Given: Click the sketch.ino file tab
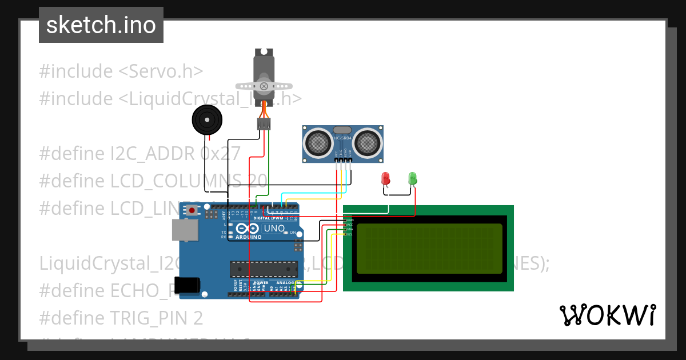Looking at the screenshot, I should coord(101,25).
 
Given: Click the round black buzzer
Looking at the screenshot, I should coord(206,120).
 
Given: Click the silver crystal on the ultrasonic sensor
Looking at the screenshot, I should coord(342,131).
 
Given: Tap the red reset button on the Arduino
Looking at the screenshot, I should coord(192,211).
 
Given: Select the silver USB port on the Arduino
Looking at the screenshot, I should coord(185,230).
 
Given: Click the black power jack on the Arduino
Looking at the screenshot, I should coord(188,285).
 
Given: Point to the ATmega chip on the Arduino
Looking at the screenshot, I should coord(264,269).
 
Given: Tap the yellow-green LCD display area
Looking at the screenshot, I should coord(429,248).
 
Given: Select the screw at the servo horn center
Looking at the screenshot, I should coord(264,86).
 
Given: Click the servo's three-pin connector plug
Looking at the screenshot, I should coord(264,124).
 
